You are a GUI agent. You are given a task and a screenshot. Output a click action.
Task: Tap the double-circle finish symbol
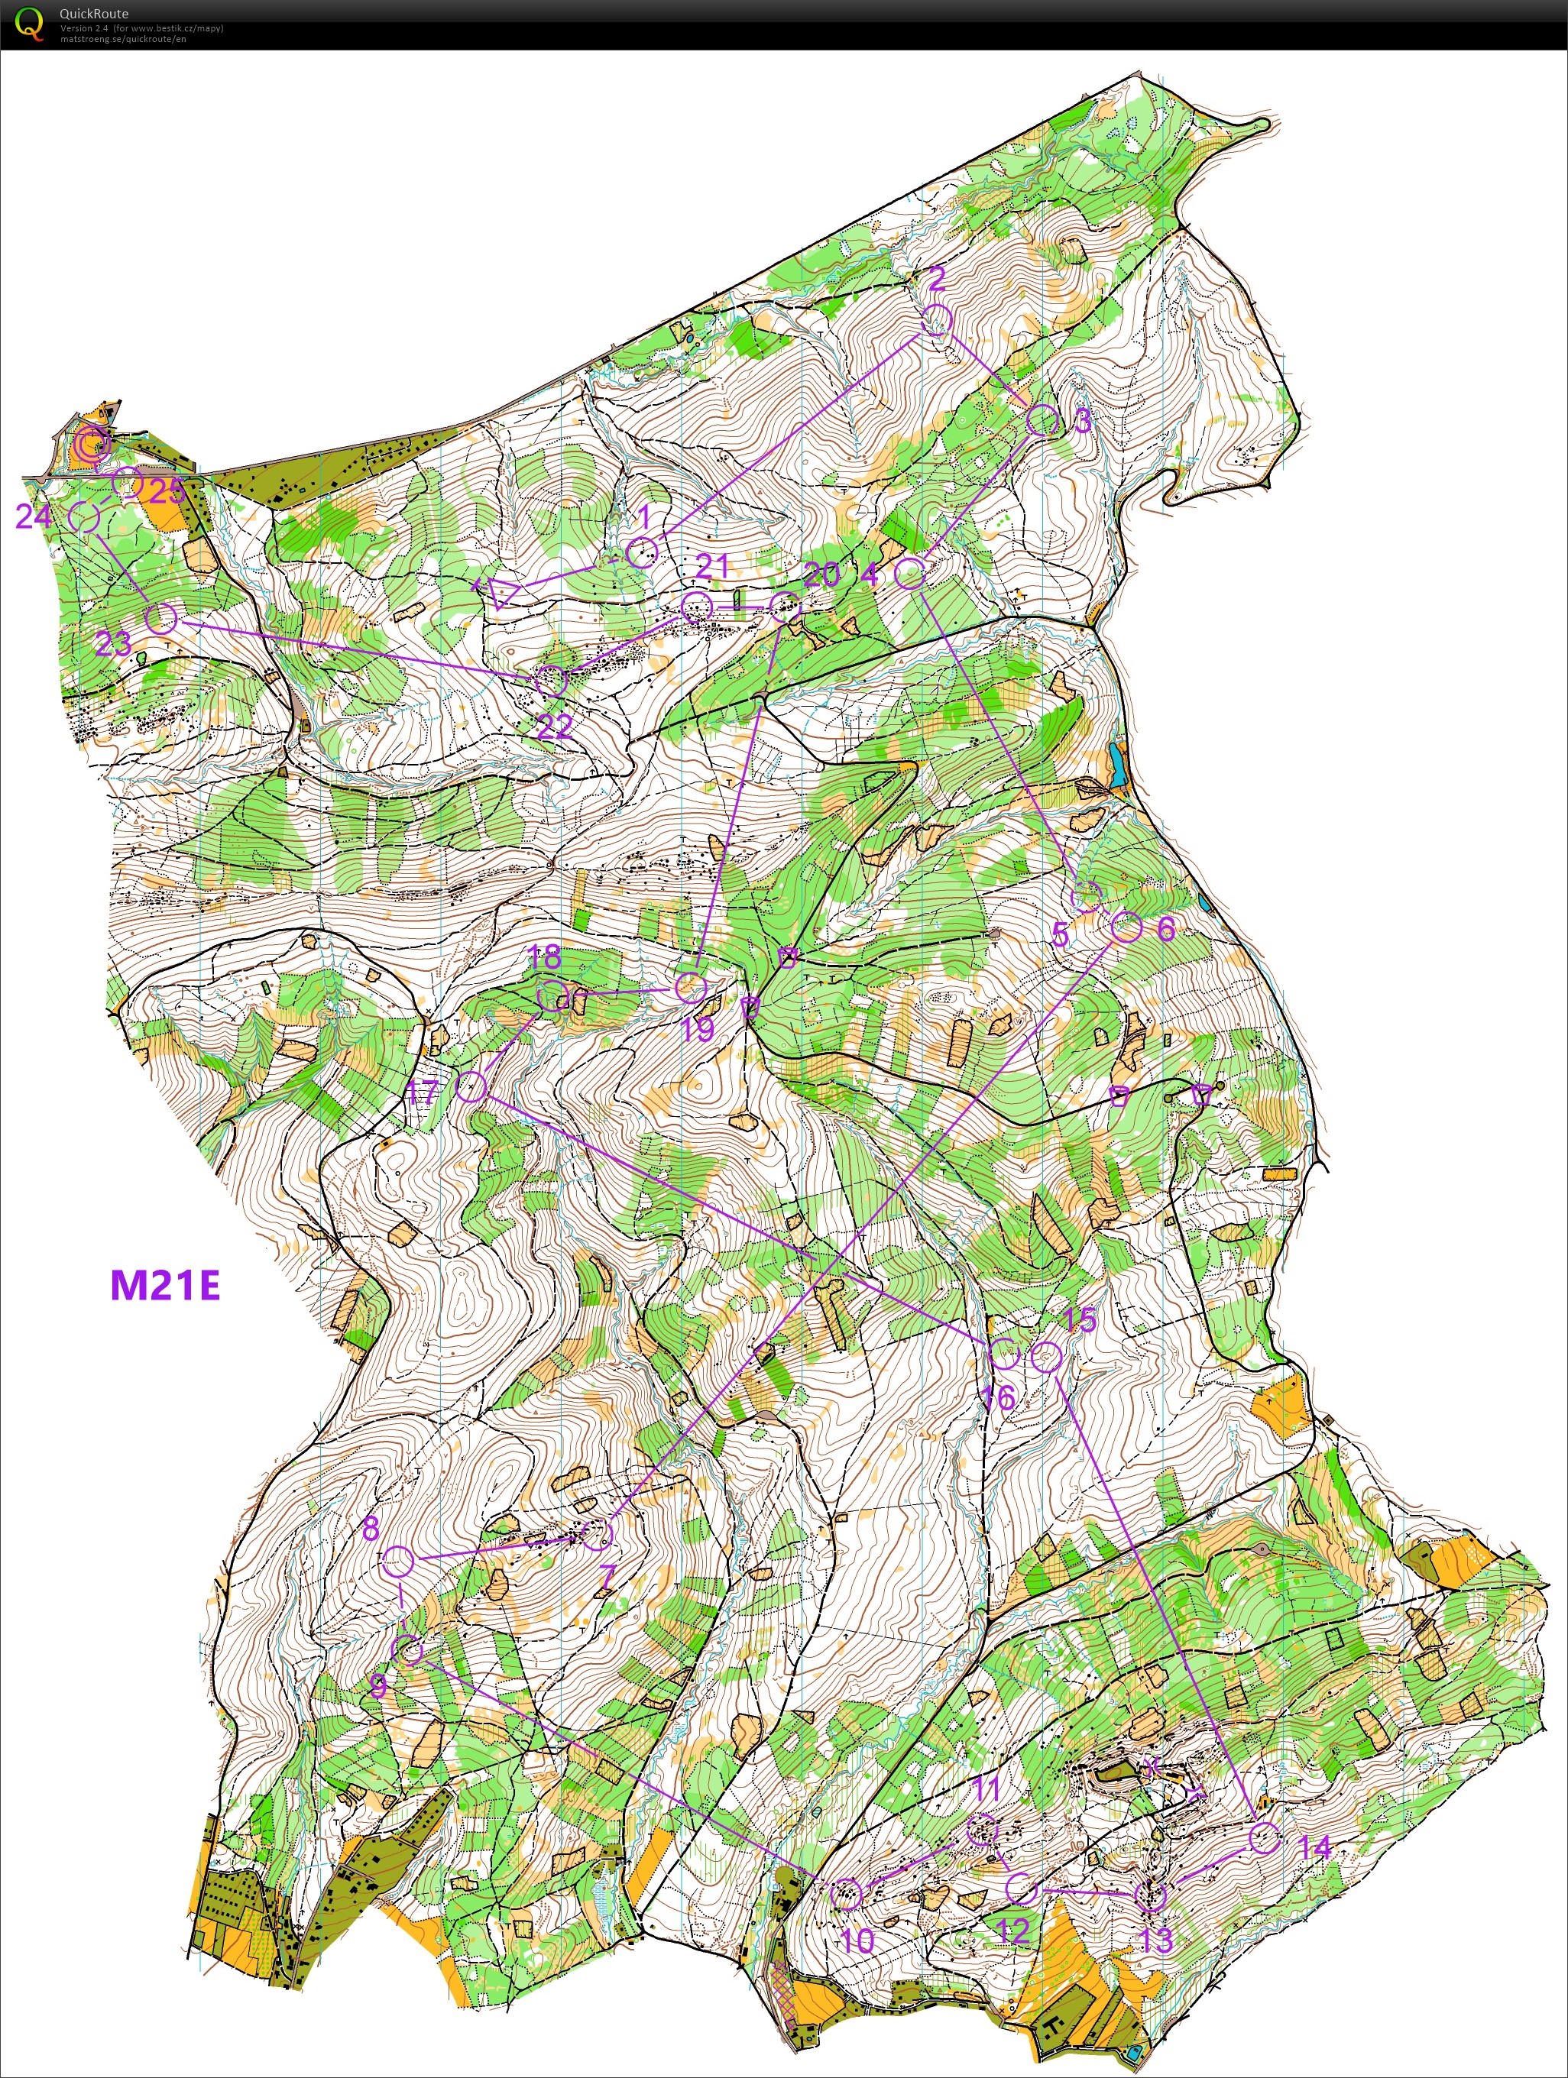(x=93, y=442)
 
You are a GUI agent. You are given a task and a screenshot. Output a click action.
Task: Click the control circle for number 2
(x=938, y=319)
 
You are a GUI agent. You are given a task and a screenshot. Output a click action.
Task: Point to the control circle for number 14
(x=1265, y=1837)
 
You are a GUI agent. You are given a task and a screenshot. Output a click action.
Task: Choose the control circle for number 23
(x=161, y=618)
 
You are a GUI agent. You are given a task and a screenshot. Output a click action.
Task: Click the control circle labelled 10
(x=847, y=1894)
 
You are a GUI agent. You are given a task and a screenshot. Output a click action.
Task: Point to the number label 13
(x=1156, y=1939)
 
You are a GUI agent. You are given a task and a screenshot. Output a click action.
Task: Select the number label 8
(x=371, y=1529)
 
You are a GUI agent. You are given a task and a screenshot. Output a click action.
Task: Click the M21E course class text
(x=165, y=1285)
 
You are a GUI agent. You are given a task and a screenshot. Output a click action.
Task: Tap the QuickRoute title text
(x=94, y=13)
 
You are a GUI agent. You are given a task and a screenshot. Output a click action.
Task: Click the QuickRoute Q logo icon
(x=30, y=24)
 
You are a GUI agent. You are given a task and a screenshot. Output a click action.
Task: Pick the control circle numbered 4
(x=909, y=573)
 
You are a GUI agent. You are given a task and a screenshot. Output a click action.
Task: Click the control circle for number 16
(x=1004, y=1354)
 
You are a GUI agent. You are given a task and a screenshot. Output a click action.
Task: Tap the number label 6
(x=1165, y=928)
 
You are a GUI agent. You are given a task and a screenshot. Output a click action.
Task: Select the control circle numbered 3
(x=1042, y=420)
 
